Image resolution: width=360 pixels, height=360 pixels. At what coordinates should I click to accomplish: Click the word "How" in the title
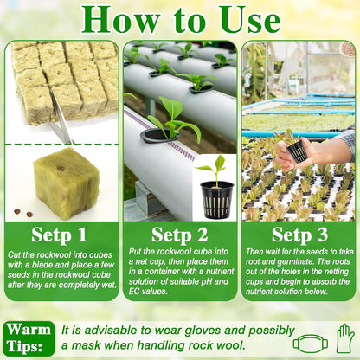point(115,19)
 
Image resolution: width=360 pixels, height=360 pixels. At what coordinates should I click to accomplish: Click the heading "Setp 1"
point(59,235)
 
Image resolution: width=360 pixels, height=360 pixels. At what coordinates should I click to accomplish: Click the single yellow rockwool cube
point(66,181)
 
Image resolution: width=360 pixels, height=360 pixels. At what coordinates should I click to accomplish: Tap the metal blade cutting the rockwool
point(60,122)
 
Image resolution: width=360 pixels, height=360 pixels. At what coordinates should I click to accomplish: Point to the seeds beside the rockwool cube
point(25,211)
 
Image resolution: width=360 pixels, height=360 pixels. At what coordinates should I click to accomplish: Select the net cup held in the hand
point(298,151)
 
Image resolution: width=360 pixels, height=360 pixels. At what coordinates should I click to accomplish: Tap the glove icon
point(345,338)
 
